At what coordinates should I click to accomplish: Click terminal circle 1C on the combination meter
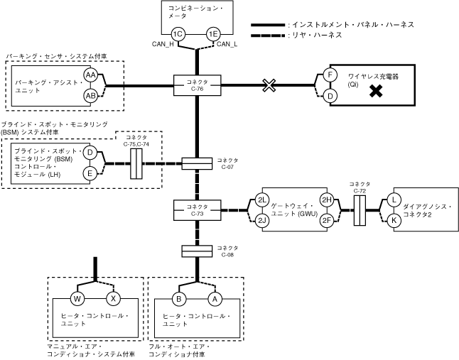coord(178,34)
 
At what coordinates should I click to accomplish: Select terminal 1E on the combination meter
coord(213,34)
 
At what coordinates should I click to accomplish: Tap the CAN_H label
coord(163,44)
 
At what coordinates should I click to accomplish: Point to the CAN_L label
coord(227,44)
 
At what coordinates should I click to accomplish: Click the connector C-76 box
coord(198,85)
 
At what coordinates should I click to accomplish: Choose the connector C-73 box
coord(198,210)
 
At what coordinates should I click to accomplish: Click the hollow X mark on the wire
coord(269,85)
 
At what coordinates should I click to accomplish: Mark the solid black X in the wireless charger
coord(376,91)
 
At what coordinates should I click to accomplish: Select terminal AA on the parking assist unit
coord(90,75)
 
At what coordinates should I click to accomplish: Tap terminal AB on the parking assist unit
coord(90,96)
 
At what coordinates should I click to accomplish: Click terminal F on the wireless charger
coord(330,75)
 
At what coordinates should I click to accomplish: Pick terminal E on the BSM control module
coord(90,173)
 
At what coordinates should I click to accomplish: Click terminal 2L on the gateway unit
coord(261,200)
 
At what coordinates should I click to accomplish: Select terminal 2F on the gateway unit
coord(327,220)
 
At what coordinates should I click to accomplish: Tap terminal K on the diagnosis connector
coord(394,220)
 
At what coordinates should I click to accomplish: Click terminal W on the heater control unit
coord(77,299)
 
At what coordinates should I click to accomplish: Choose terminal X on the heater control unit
coord(113,299)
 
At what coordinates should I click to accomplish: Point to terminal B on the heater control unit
coord(179,299)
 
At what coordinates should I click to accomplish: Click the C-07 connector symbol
coord(197,164)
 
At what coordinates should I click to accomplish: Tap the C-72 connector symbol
coord(360,211)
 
